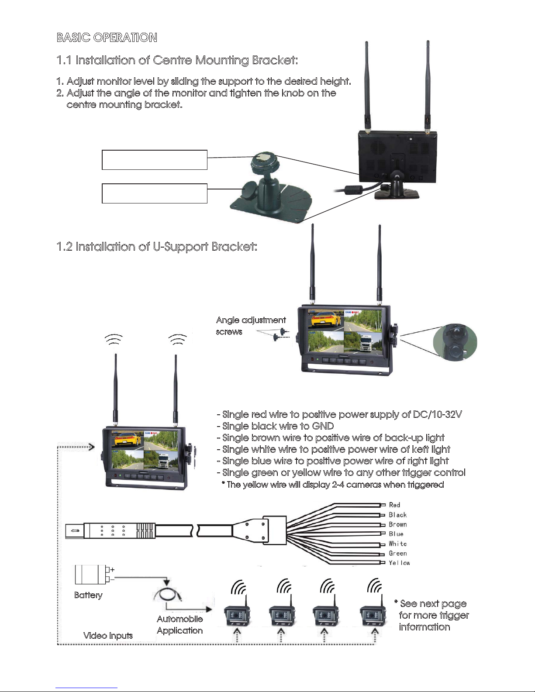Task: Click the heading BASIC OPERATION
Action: coord(107,37)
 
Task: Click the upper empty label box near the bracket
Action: coord(155,159)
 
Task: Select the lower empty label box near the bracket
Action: coord(155,193)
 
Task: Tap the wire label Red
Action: coord(394,505)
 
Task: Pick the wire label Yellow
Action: coord(399,563)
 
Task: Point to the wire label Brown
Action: coord(397,524)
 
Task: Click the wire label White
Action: coord(397,544)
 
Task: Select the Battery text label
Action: coord(88,595)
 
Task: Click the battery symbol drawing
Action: coord(94,574)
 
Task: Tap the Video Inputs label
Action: coord(108,635)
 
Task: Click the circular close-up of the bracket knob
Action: coord(455,342)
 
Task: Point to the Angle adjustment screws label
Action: coord(251,326)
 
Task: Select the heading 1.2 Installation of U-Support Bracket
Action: coord(157,247)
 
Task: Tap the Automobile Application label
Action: coord(180,624)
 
